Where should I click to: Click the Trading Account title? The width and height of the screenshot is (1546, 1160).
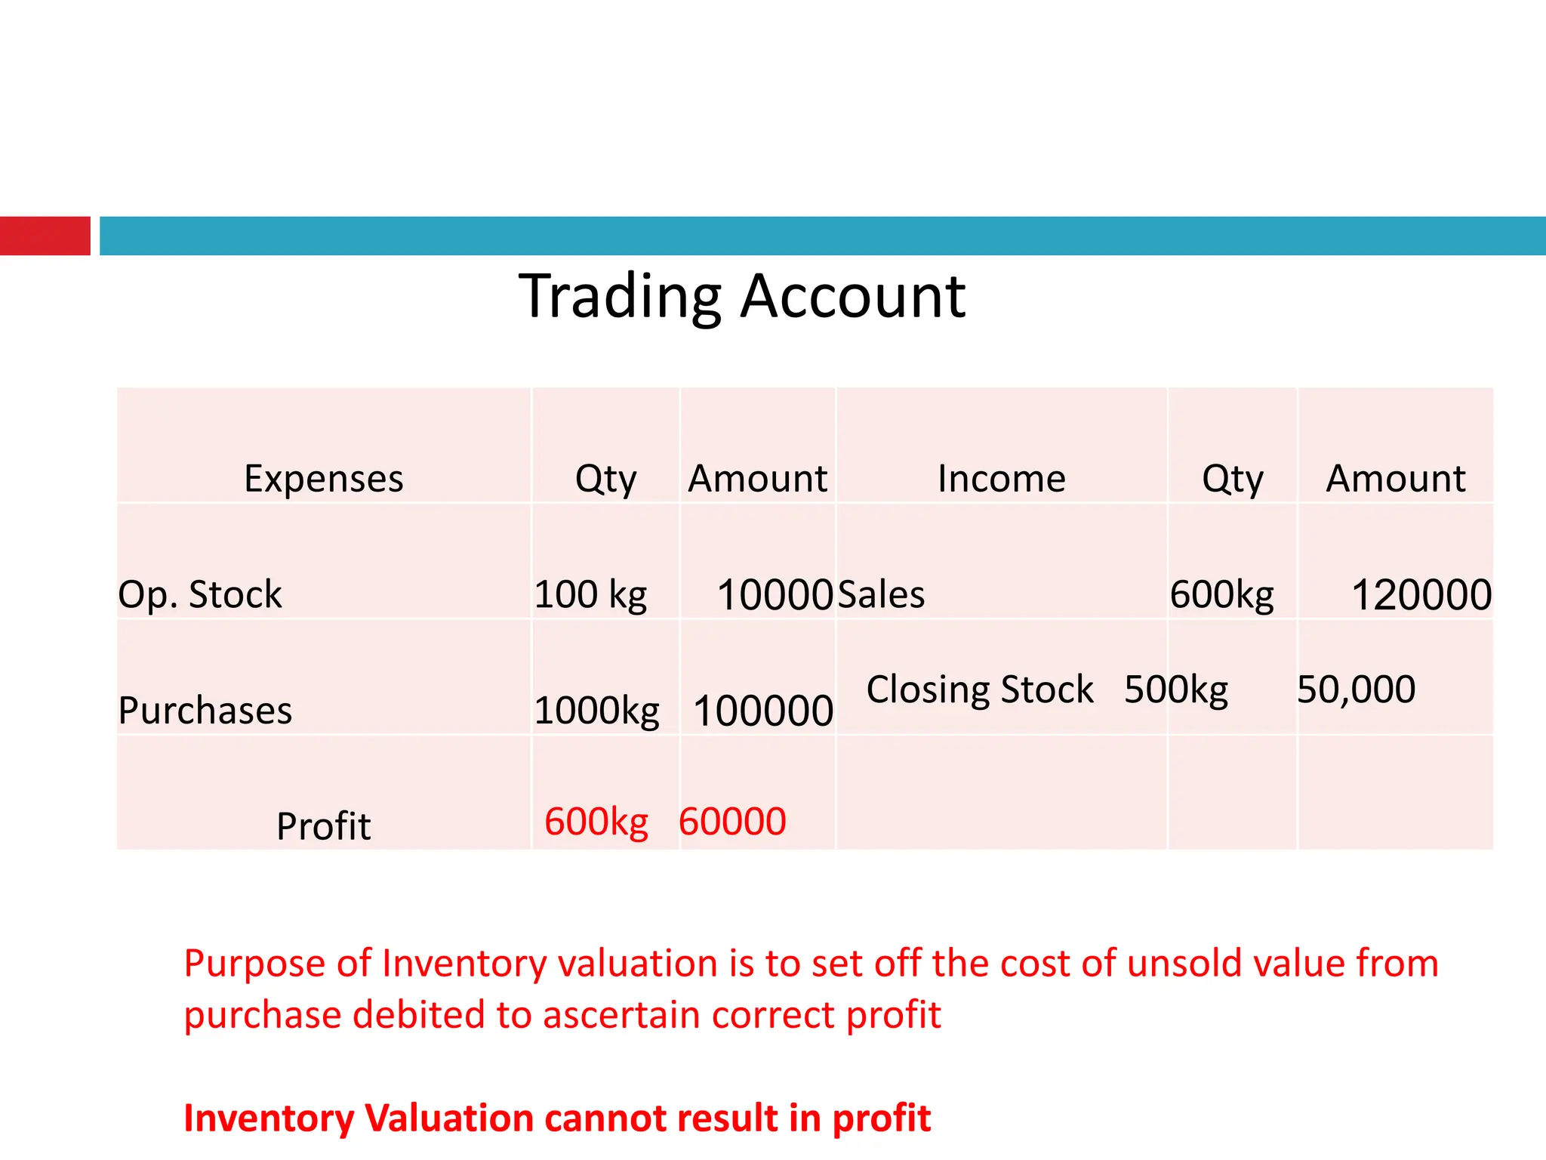click(742, 296)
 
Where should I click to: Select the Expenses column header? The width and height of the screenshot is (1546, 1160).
click(324, 479)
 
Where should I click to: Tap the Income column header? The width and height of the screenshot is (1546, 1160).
click(1002, 479)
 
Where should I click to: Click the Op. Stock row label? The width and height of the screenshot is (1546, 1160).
click(200, 594)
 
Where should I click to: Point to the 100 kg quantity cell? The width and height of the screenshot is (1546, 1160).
click(590, 594)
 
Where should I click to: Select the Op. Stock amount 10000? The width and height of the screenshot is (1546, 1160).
click(775, 595)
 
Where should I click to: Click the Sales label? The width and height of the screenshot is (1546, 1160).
click(881, 594)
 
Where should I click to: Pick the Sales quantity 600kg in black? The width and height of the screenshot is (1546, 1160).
click(1221, 595)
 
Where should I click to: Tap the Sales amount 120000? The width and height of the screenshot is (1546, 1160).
click(1421, 595)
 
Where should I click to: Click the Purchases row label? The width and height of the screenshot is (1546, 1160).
click(205, 711)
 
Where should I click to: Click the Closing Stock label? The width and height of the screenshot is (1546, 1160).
click(980, 690)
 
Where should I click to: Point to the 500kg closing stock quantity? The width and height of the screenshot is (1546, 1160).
click(1176, 690)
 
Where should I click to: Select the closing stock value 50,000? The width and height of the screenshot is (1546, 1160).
click(1356, 690)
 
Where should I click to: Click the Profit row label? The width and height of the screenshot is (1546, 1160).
click(324, 826)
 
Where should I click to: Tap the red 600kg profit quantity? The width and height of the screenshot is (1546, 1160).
click(596, 822)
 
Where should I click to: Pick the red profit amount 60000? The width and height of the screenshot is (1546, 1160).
click(732, 822)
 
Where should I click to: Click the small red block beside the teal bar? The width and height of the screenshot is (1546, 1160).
click(45, 236)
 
